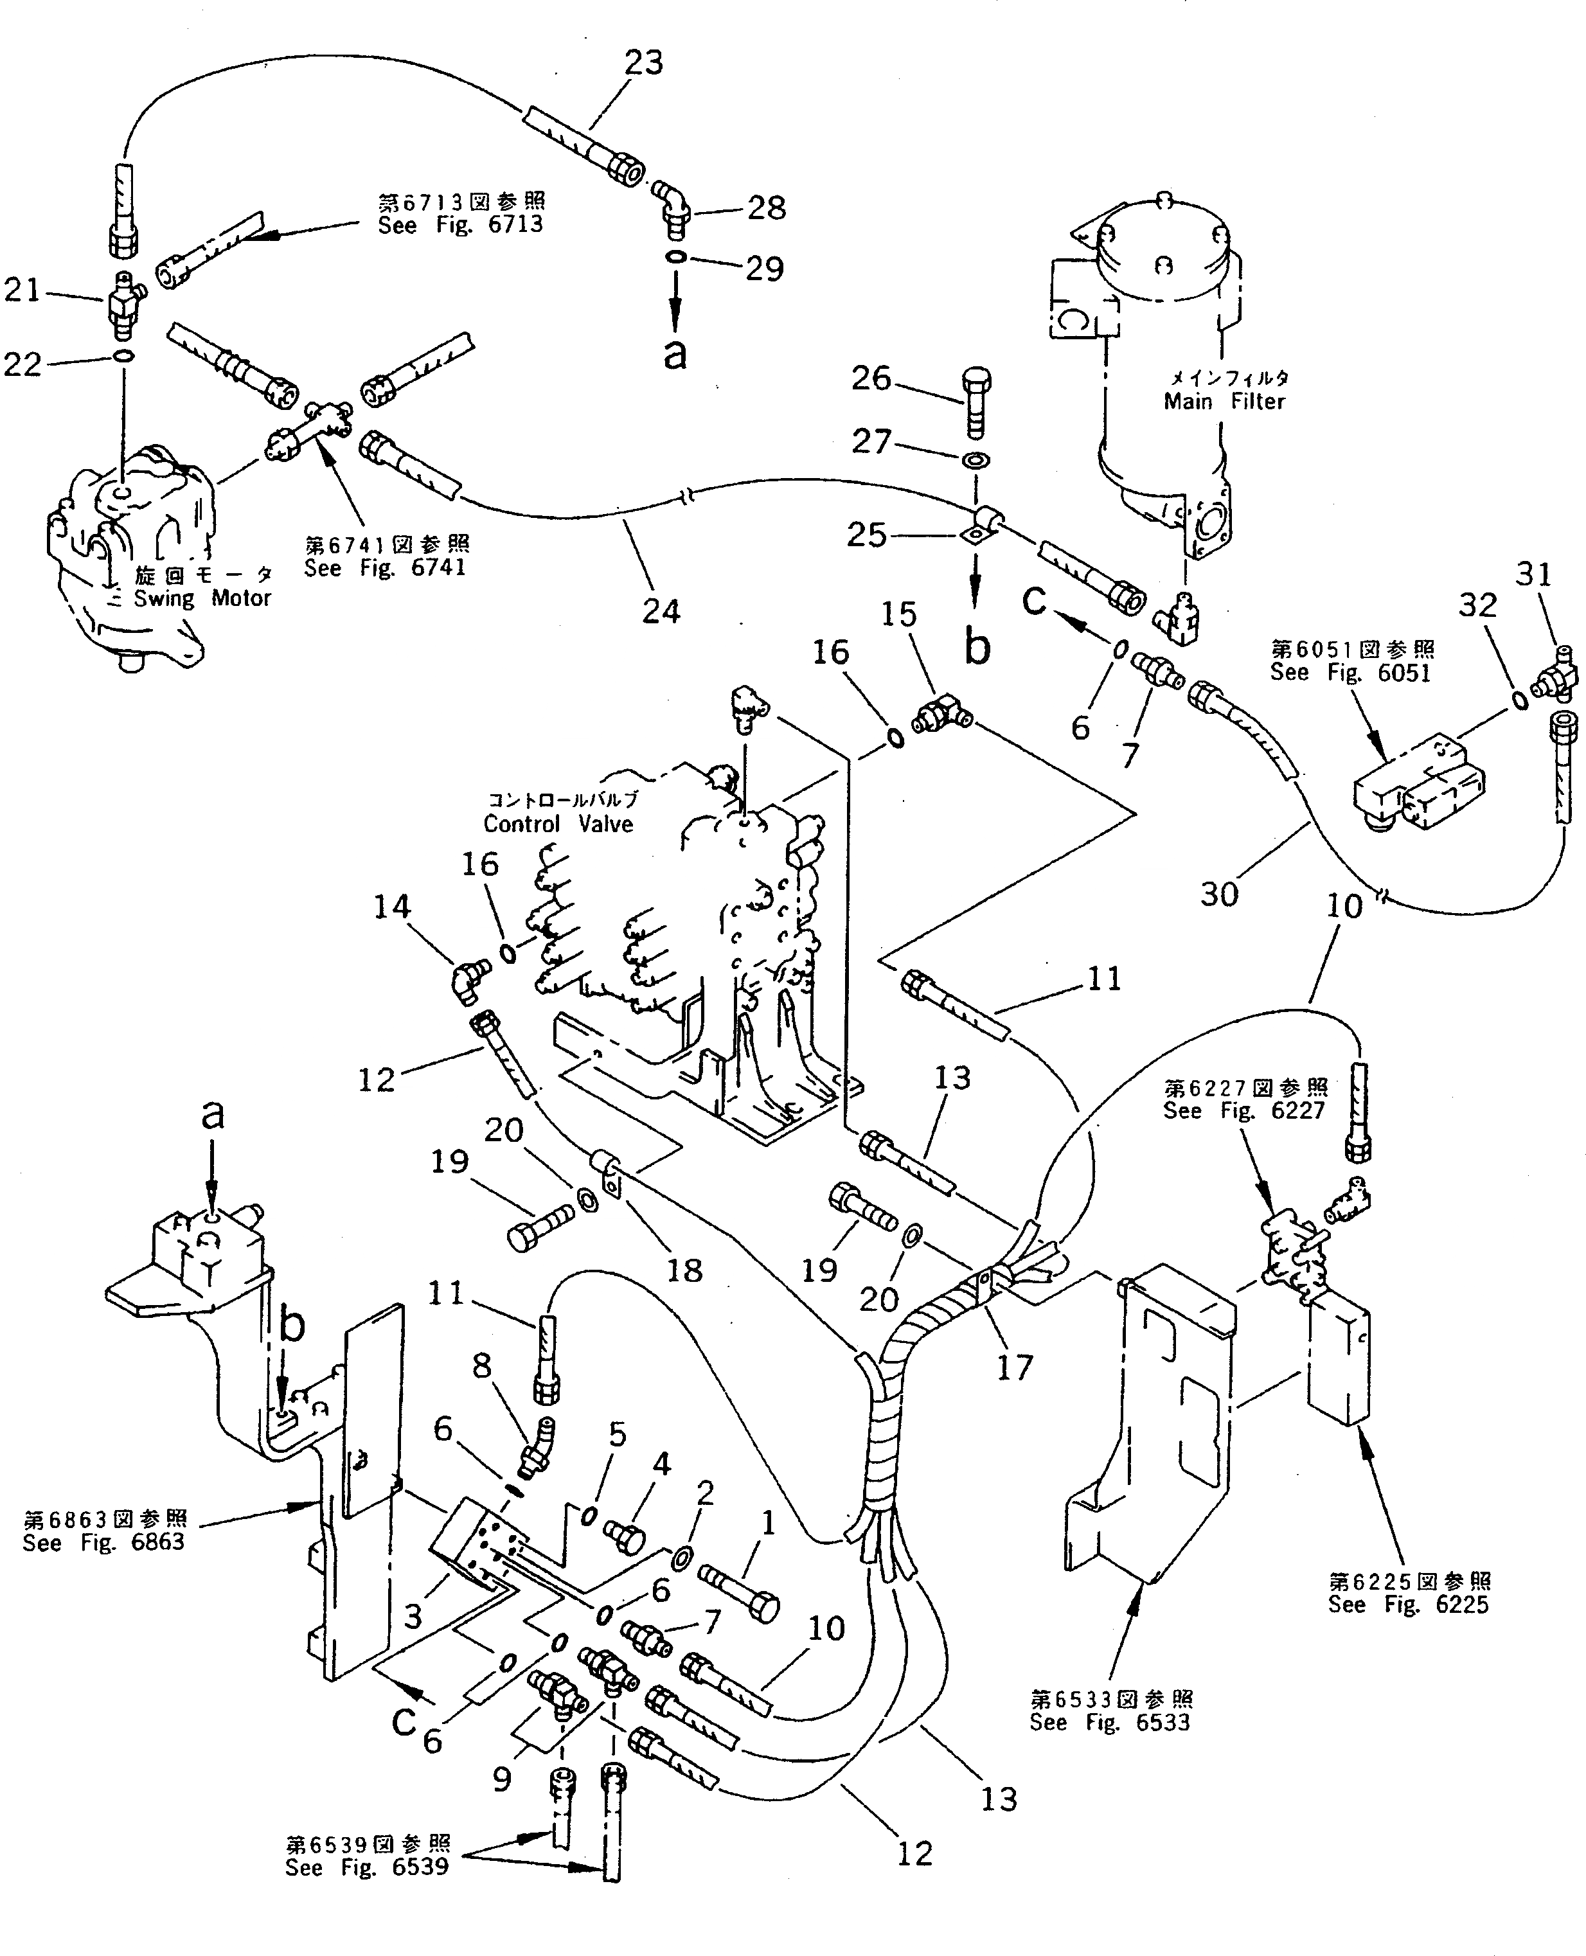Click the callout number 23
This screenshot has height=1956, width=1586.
(643, 63)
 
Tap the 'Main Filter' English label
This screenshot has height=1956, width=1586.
(1224, 401)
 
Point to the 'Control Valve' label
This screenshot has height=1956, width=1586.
(558, 824)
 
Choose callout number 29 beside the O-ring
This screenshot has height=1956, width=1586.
(764, 269)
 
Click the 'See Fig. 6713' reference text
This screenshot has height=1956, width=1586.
(461, 225)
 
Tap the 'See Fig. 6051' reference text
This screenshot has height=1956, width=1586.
(1350, 672)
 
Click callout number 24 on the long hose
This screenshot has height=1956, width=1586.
(661, 610)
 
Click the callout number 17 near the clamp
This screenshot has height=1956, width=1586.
(1014, 1392)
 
